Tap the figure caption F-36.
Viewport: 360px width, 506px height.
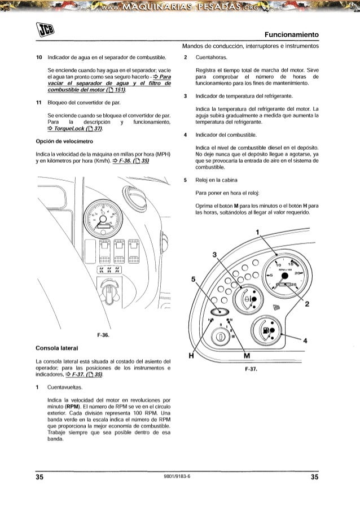[x=103, y=335]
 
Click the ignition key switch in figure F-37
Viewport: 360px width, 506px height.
[x=219, y=337]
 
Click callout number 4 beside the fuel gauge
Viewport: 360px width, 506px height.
[x=305, y=341]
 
